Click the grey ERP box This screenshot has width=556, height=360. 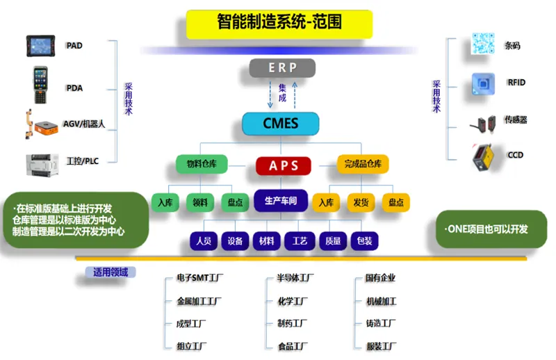[282, 67]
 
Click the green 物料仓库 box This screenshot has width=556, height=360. [202, 165]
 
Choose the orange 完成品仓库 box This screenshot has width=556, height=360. [362, 165]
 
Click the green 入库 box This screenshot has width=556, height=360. [165, 203]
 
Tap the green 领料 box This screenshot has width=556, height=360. [200, 203]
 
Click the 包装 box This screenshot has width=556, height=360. [364, 241]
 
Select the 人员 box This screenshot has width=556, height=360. [204, 241]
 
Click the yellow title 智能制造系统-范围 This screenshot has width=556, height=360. [279, 24]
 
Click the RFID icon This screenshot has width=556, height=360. [482, 83]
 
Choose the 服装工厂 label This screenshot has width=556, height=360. [381, 345]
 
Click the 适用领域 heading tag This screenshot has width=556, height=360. [111, 272]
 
